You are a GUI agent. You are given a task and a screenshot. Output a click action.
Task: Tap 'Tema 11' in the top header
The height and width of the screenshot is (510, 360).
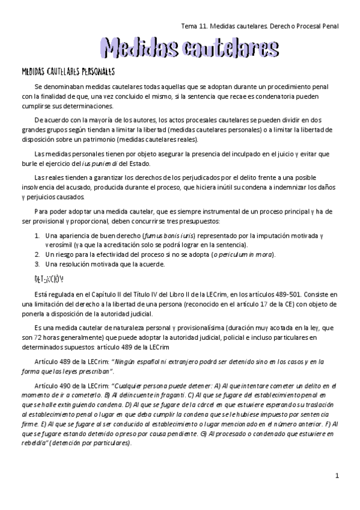point(194,26)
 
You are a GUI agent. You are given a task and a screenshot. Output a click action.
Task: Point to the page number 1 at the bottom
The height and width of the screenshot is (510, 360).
point(338,493)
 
